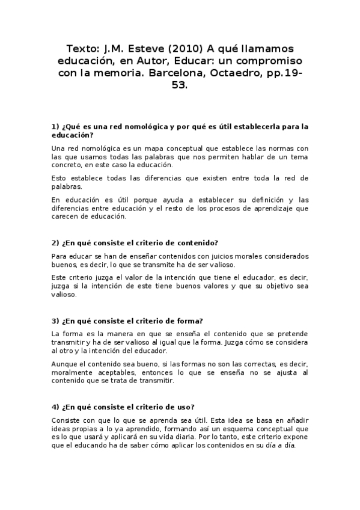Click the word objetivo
tap(274, 286)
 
